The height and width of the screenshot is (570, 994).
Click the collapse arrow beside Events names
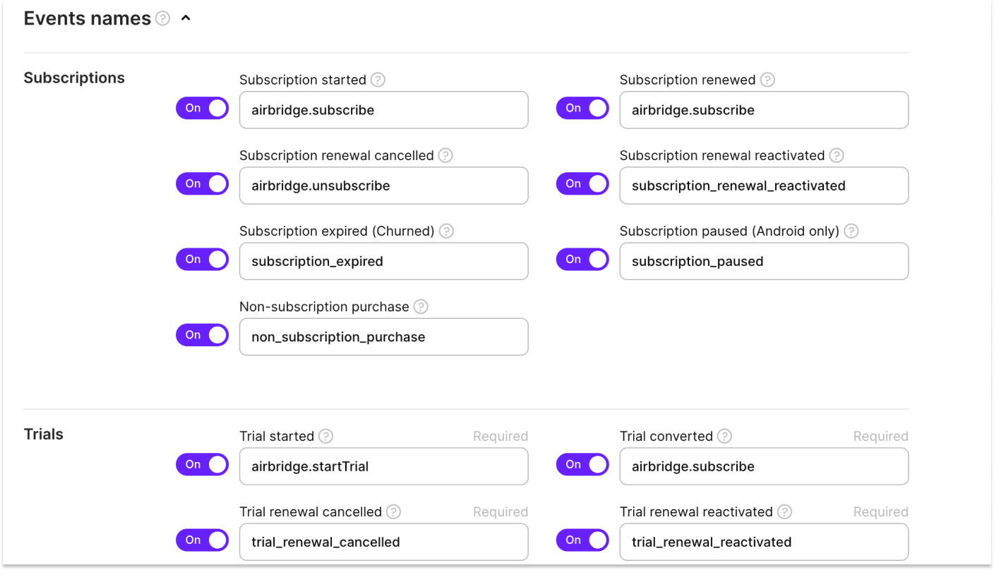click(x=186, y=18)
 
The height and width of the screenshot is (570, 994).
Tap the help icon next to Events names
click(x=163, y=18)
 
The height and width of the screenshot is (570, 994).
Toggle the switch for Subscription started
click(x=203, y=108)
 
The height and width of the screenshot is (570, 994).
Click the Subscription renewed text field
click(x=764, y=110)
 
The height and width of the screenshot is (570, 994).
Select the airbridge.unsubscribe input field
click(x=384, y=186)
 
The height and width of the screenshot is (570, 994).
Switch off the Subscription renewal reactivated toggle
click(x=582, y=183)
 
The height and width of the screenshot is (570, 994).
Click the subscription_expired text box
click(x=384, y=261)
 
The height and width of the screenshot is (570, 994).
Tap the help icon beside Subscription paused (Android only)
click(x=851, y=231)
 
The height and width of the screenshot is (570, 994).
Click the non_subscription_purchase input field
click(x=384, y=336)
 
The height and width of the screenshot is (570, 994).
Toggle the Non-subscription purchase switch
click(x=203, y=335)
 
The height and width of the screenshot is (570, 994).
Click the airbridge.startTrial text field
click(x=384, y=466)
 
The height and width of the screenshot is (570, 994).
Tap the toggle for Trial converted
click(x=582, y=464)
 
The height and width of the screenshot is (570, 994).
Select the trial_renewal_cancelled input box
click(x=384, y=542)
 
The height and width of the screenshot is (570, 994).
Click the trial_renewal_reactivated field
click(x=764, y=542)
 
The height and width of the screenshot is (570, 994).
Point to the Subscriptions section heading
click(x=74, y=78)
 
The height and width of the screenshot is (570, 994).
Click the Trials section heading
click(x=44, y=435)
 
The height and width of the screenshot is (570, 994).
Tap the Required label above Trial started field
click(x=501, y=437)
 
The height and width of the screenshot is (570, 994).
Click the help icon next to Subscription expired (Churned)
click(x=446, y=231)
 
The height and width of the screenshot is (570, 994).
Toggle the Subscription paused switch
click(x=582, y=260)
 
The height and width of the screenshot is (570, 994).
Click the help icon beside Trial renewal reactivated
click(x=784, y=512)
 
